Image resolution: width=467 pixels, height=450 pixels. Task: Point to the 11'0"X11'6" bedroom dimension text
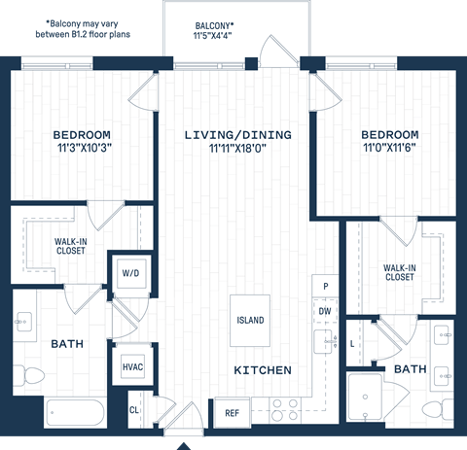(x=389, y=149)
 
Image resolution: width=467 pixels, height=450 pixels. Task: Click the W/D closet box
(x=130, y=273)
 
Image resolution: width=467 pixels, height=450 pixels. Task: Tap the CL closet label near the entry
(x=133, y=411)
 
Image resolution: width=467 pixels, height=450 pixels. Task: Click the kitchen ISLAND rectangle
(x=250, y=320)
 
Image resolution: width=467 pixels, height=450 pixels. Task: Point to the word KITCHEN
(x=263, y=370)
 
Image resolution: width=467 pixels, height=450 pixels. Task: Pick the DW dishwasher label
(x=324, y=311)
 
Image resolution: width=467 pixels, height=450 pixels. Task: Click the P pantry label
(x=325, y=288)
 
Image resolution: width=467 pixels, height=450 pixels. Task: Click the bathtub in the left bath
(x=68, y=412)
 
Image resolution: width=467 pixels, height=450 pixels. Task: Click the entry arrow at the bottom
(x=183, y=444)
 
